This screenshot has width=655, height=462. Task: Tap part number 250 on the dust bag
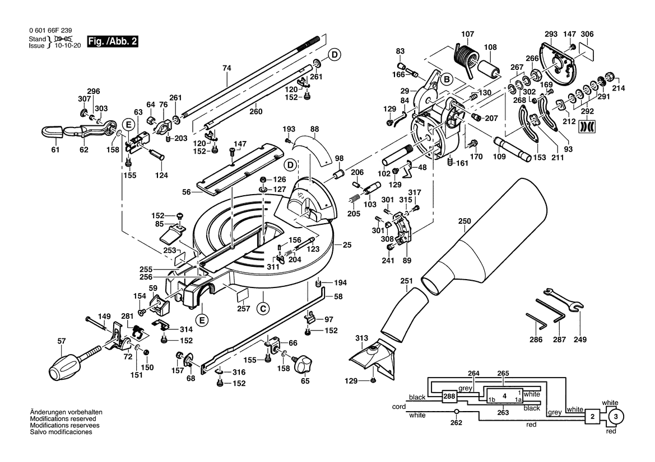pos(464,221)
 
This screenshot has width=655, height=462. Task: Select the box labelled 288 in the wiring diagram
pos(449,397)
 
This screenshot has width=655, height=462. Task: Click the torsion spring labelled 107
pos(465,55)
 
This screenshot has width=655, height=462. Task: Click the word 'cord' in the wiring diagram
pos(398,406)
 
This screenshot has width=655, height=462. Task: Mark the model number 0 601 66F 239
pos(49,31)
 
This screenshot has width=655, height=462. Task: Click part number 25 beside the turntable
pos(347,245)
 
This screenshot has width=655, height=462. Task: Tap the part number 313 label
pos(361,337)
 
